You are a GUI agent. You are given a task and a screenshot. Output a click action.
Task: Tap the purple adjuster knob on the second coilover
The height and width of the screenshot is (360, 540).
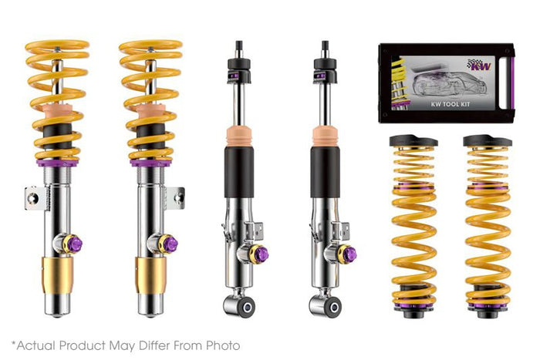click(x=170, y=244)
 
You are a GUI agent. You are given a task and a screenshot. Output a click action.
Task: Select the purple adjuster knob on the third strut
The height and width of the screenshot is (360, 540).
click(x=262, y=254)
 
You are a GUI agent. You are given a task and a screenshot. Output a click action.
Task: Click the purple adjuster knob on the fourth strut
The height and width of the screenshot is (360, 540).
click(x=349, y=254)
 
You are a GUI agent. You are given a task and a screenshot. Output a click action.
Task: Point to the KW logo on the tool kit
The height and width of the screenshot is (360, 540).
click(x=479, y=65)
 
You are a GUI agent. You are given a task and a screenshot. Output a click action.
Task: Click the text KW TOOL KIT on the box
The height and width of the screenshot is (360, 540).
click(x=450, y=104)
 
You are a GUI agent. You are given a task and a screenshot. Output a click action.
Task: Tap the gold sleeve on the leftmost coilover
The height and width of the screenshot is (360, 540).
click(x=57, y=275)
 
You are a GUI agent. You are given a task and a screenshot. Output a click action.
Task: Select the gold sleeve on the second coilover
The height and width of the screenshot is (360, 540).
click(x=151, y=275)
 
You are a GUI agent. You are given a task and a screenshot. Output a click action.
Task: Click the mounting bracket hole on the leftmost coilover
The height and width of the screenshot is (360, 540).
click(x=33, y=198)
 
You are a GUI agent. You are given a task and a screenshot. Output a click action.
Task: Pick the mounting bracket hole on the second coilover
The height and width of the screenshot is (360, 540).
click(x=179, y=197)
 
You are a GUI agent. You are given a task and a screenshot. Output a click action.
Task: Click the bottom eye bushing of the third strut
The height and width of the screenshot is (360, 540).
click(x=247, y=307)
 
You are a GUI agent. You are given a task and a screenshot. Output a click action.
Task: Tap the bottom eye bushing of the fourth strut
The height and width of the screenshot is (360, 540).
click(x=333, y=307)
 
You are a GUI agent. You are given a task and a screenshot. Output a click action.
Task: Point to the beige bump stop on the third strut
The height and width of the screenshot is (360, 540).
click(x=239, y=137)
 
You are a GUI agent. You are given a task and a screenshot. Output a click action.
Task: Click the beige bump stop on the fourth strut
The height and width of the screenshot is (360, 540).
click(x=326, y=137)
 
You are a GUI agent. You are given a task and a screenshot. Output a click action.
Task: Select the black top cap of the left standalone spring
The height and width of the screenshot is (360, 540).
click(x=413, y=140)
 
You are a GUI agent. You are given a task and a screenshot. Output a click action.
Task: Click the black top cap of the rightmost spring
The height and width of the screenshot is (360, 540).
click(x=488, y=140)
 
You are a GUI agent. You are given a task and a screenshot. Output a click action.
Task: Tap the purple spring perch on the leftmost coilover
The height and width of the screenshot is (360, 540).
click(x=57, y=163)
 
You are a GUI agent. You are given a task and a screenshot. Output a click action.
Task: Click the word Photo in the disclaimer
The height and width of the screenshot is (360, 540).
click(x=223, y=345)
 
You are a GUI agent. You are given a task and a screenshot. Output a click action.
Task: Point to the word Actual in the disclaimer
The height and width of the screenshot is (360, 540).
click(x=36, y=345)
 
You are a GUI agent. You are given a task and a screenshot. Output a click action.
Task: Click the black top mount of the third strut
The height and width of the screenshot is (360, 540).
click(x=238, y=70)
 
